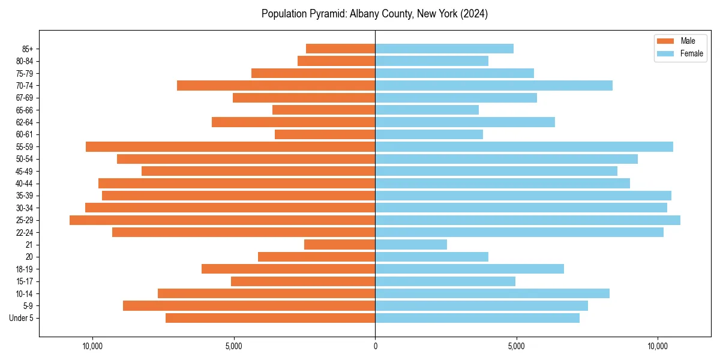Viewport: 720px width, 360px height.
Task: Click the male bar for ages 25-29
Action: click(222, 220)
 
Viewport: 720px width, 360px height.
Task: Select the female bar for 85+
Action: click(444, 49)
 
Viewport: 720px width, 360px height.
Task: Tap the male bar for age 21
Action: click(340, 245)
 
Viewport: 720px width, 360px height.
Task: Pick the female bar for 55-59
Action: click(524, 146)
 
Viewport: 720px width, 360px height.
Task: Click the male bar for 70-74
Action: click(276, 85)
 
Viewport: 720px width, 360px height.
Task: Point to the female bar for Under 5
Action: click(477, 318)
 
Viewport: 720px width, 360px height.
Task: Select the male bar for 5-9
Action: click(249, 306)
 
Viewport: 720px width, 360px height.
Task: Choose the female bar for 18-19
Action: click(469, 269)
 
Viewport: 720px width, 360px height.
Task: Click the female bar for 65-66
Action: click(427, 110)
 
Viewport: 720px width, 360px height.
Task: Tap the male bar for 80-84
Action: click(336, 61)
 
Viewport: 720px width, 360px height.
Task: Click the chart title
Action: click(374, 14)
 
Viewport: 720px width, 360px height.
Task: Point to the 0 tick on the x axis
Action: click(375, 346)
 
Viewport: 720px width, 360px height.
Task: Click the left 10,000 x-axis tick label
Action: click(92, 346)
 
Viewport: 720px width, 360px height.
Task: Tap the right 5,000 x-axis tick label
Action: click(516, 346)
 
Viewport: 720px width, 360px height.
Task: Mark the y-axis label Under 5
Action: click(22, 318)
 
